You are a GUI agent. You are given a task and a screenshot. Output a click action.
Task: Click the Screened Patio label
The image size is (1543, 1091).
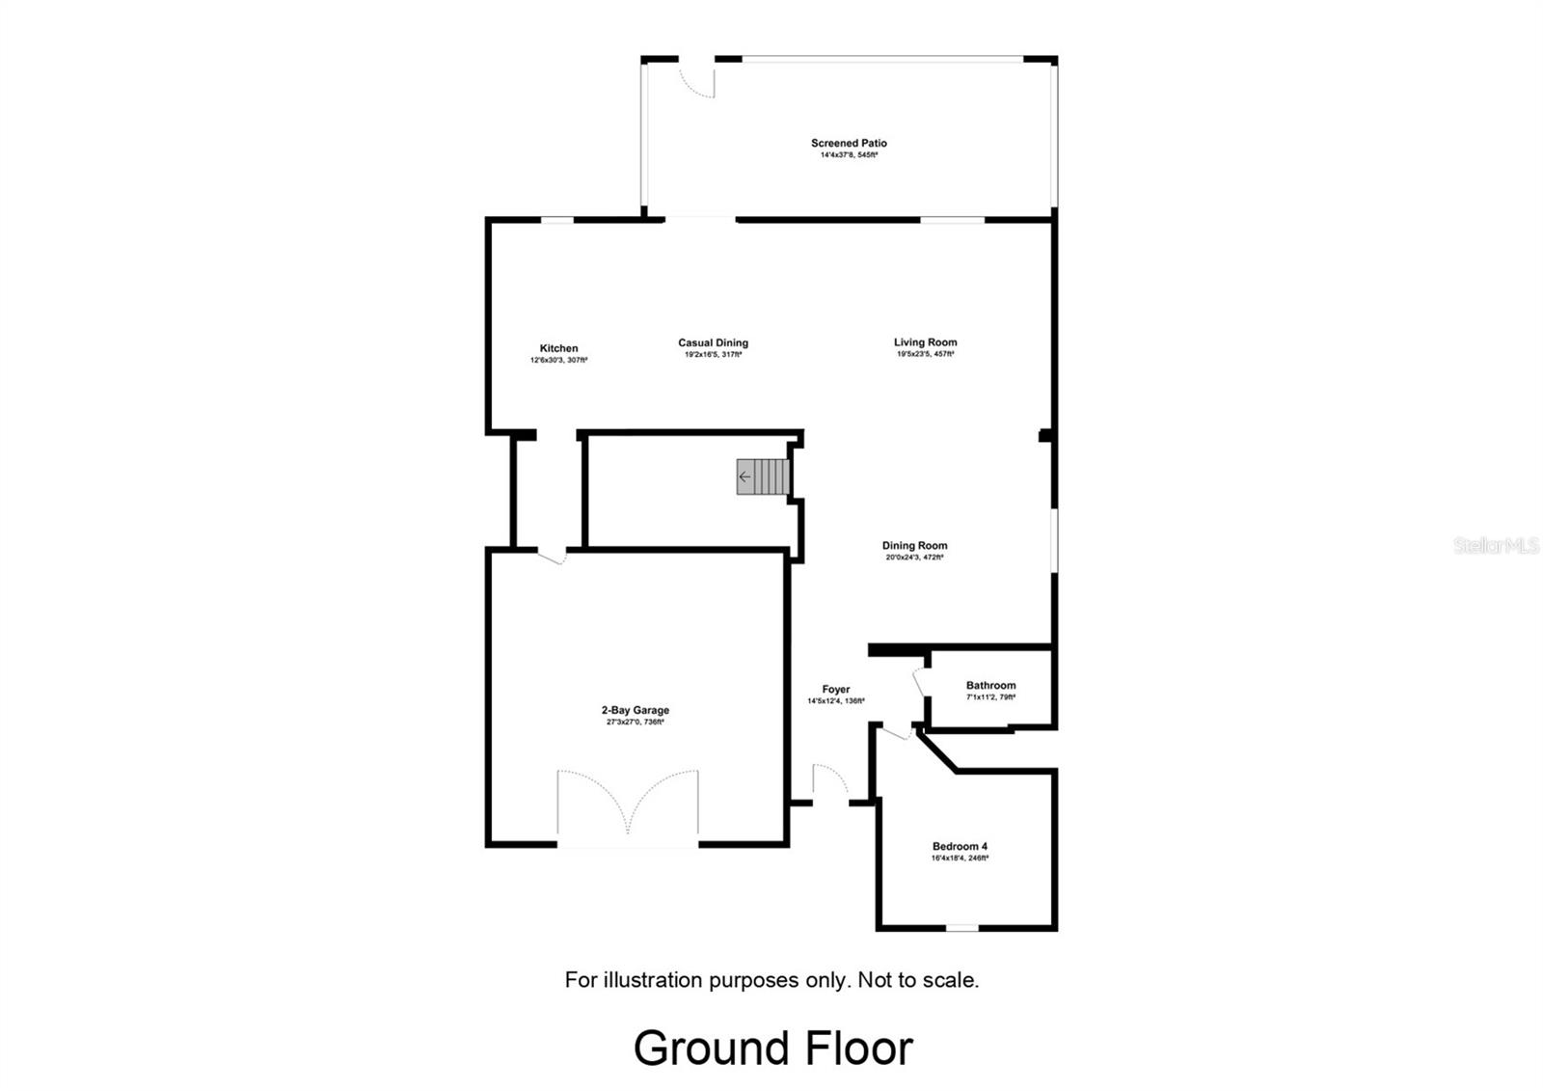point(849,143)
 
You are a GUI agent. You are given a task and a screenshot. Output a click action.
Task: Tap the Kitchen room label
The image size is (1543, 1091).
point(558,348)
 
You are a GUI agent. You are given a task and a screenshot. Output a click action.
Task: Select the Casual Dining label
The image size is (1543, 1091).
point(713,342)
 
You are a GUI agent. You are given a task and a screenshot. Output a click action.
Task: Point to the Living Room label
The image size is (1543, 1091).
point(925,341)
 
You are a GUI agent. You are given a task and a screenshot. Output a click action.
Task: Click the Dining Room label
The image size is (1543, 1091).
point(914,545)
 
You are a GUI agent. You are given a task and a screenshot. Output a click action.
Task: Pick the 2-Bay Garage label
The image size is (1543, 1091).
point(635,710)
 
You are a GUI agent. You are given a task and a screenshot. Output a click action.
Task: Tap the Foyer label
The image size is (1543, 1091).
point(835,689)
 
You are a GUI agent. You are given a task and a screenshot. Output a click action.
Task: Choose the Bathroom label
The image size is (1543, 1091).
point(990,685)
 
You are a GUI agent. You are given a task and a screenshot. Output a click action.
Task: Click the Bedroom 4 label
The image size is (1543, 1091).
point(960,846)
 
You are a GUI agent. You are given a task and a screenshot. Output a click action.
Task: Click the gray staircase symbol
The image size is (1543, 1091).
point(764,477)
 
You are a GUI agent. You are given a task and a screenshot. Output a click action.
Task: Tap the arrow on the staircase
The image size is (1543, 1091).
point(744,477)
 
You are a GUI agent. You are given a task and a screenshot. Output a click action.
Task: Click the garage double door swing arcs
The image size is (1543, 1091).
point(628,801)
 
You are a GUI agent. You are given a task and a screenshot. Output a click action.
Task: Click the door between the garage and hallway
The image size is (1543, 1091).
point(553,556)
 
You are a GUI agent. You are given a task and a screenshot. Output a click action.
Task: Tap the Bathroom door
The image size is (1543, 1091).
point(919,682)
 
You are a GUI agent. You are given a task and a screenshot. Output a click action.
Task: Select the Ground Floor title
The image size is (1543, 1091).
point(772,1048)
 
